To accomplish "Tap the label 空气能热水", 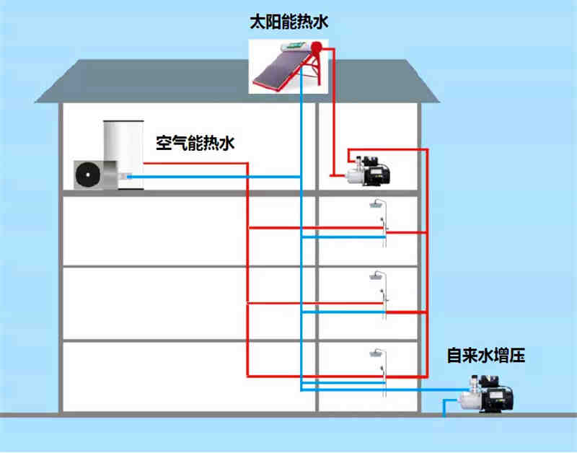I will pyautogui.click(x=195, y=143).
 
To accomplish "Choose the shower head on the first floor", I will pyautogui.click(x=376, y=353).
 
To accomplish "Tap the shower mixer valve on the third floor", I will pyautogui.click(x=385, y=229).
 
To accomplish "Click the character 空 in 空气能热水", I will pyautogui.click(x=164, y=143).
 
